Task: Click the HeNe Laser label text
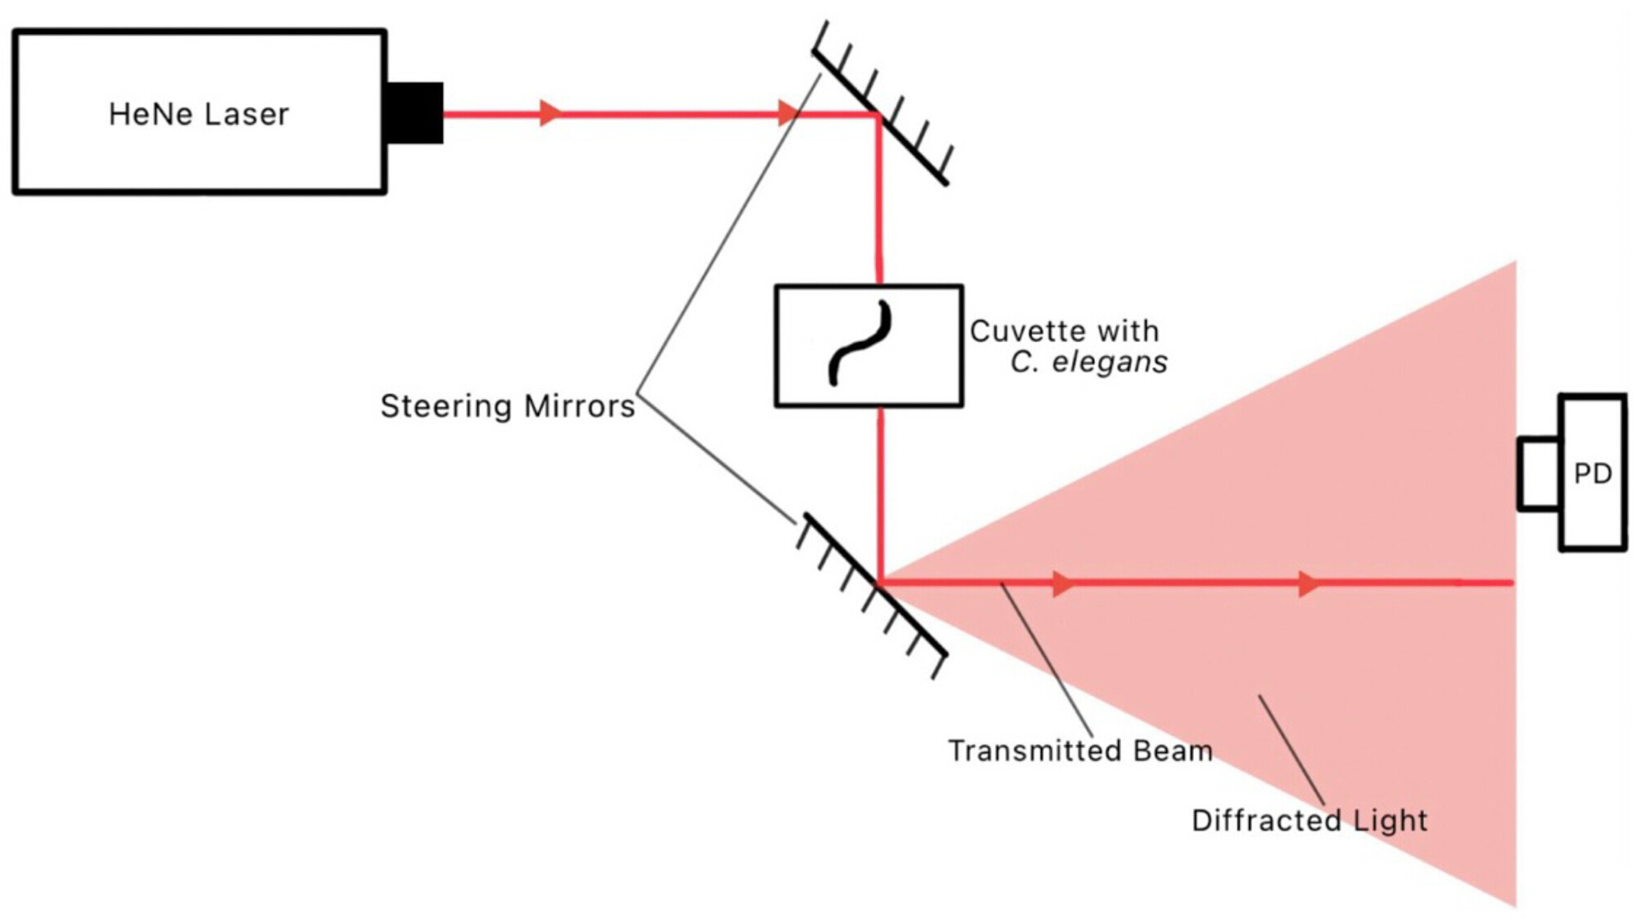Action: pyautogui.click(x=198, y=114)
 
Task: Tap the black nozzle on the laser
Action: pyautogui.click(x=415, y=113)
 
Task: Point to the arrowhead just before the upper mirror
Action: pyautogui.click(x=788, y=113)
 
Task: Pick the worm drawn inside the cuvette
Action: pyautogui.click(x=860, y=343)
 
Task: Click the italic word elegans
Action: pyautogui.click(x=1109, y=362)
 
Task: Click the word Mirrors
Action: pyautogui.click(x=579, y=406)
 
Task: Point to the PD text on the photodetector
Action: pyautogui.click(x=1592, y=473)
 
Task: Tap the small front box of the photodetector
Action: pyautogui.click(x=1540, y=474)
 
